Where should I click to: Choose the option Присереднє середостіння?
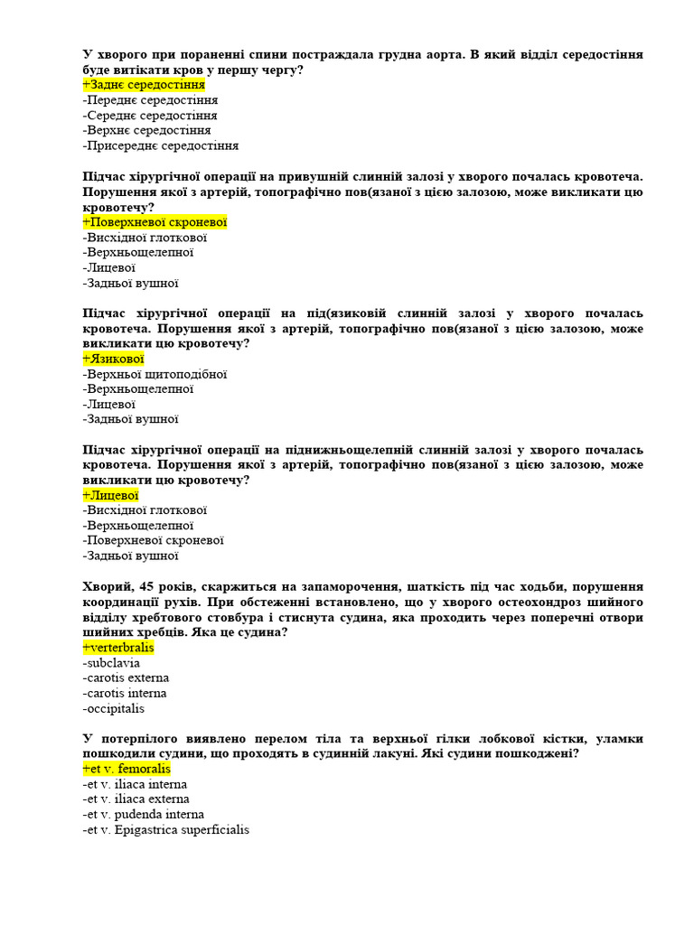pos(160,145)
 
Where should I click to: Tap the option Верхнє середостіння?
pos(146,130)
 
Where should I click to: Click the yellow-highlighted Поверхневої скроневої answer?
pos(155,222)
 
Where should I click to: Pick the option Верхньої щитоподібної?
pos(155,374)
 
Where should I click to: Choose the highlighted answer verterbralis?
pos(118,648)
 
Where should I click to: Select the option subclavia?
pos(111,663)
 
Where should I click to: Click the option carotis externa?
pos(126,677)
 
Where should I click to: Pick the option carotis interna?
pos(125,693)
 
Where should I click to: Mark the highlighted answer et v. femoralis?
pos(127,769)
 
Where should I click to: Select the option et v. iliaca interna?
pos(135,784)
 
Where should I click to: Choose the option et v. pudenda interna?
pos(143,814)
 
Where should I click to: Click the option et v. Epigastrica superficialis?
pos(165,829)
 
